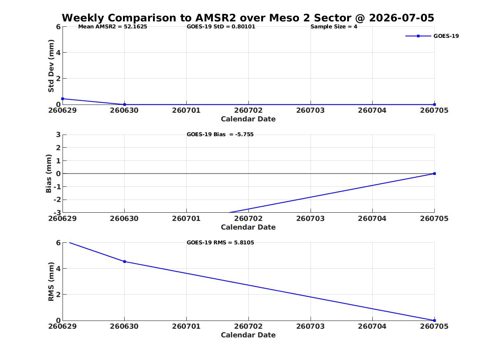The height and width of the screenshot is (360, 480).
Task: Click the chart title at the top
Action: [x=248, y=18]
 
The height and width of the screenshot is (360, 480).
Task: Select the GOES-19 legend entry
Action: [x=432, y=36]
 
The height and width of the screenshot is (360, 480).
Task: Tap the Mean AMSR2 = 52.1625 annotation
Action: [x=113, y=27]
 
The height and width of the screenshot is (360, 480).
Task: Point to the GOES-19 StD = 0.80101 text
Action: [x=221, y=27]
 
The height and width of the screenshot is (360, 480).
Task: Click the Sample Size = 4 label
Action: [x=334, y=27]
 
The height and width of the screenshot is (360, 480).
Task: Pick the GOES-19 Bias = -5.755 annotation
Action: [x=220, y=135]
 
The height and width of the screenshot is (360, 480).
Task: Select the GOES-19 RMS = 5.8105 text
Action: [x=220, y=242]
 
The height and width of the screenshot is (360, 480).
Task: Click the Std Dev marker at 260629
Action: [x=63, y=99]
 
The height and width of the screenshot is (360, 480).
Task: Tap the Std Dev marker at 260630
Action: [x=125, y=105]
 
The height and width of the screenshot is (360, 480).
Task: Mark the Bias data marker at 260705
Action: [x=434, y=174]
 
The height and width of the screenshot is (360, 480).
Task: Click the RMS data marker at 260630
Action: [x=125, y=261]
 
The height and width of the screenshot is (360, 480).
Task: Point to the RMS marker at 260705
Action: [x=434, y=321]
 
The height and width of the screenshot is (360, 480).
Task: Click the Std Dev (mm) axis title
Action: [x=51, y=66]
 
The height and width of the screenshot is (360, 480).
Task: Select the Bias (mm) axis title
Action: [x=49, y=174]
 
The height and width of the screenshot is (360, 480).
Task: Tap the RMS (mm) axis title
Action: [x=51, y=282]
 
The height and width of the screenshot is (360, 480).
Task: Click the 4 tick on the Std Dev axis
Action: [x=58, y=53]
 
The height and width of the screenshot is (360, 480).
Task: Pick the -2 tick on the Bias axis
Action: [x=57, y=200]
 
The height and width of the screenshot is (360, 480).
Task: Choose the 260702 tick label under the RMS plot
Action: [x=248, y=326]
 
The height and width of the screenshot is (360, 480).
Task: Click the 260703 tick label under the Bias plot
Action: [x=311, y=218]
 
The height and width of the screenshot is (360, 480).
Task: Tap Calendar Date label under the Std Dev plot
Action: [x=248, y=119]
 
